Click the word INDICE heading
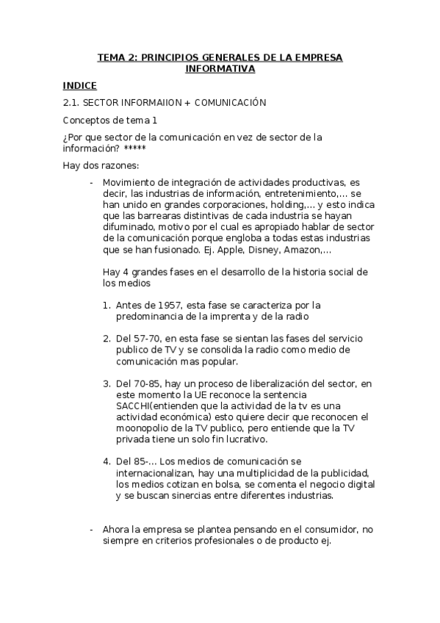coord(79,86)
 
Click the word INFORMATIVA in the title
coord(220,69)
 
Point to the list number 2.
coord(107,338)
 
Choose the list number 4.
coord(107,461)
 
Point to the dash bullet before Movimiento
coord(91,183)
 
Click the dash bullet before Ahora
coord(91,529)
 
